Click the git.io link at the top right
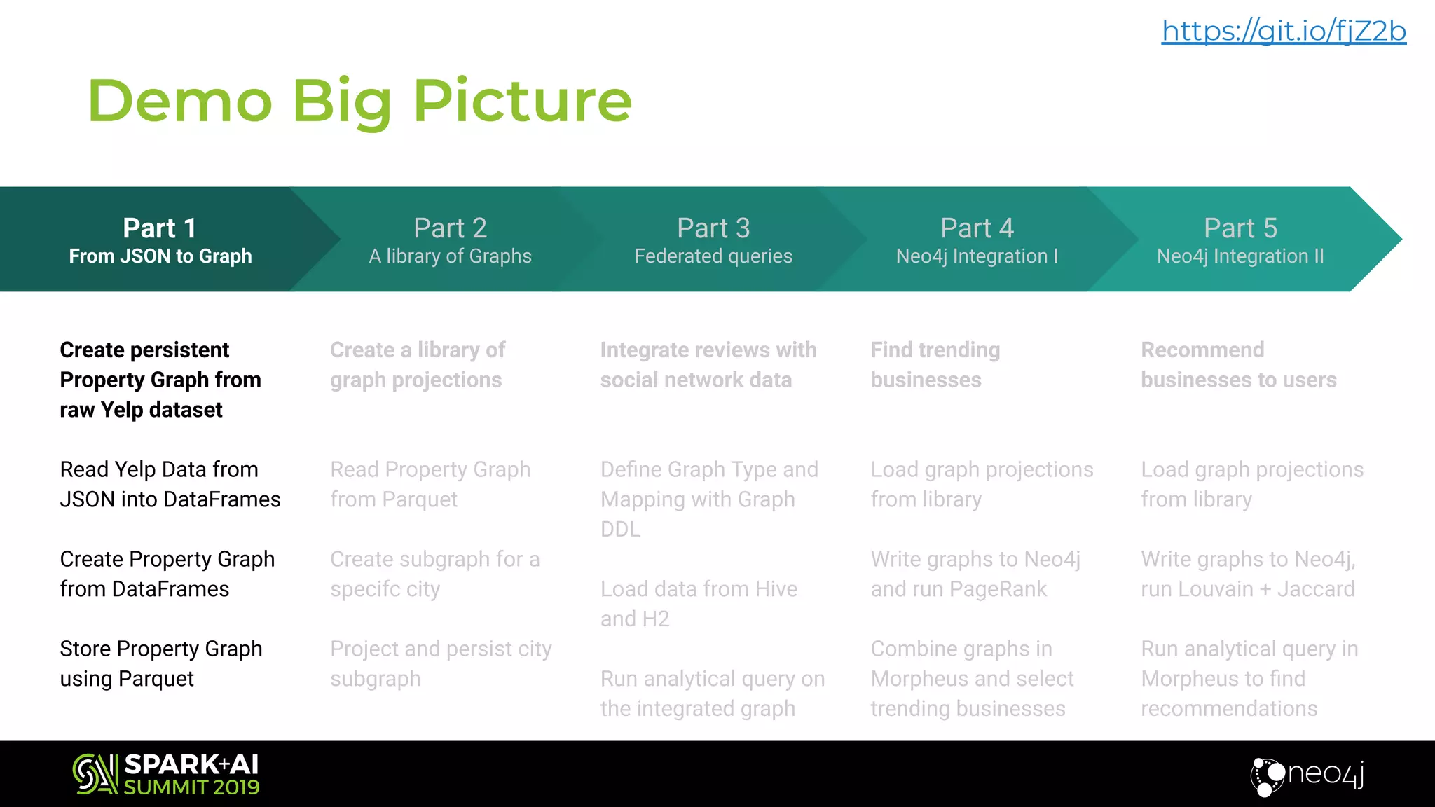coord(1284,32)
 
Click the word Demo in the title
coord(179,101)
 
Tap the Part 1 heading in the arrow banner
coord(160,228)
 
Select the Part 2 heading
coord(450,228)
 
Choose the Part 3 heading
coord(713,228)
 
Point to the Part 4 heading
coord(977,228)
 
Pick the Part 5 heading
coord(1240,228)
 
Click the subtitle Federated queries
coord(713,256)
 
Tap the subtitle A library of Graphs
coord(450,256)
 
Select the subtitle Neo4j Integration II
coord(1240,256)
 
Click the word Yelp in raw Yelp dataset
coord(122,410)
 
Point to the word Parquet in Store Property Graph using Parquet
coord(156,679)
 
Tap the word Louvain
coord(1216,589)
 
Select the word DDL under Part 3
coord(620,530)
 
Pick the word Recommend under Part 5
coord(1202,350)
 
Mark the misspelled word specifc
coord(366,589)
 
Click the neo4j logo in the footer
coord(1307,775)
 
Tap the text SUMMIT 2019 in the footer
coord(191,787)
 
